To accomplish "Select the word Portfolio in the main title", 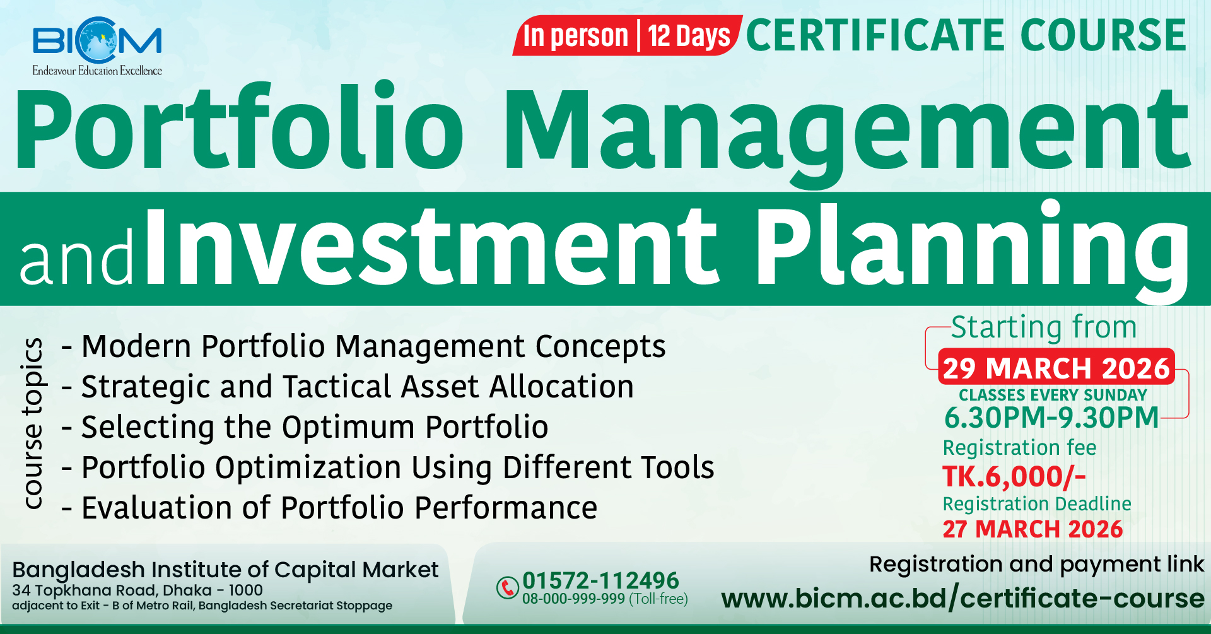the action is tap(240, 126).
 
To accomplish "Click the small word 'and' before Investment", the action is tap(76, 255).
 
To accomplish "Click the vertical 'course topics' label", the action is tap(32, 423).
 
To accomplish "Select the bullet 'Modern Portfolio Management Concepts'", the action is tap(363, 346).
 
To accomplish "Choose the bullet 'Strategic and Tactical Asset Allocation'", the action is tap(348, 387).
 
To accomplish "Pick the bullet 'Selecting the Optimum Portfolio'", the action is tap(305, 427).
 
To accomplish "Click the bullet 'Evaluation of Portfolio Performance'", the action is tap(329, 508).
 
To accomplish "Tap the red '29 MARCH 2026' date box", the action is tap(1056, 367).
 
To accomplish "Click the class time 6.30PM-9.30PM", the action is tap(1052, 418).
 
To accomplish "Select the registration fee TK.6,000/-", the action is tap(1014, 477).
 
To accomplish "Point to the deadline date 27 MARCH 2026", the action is tap(1033, 529).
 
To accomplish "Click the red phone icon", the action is tap(507, 587).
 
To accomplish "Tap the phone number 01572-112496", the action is tap(600, 580).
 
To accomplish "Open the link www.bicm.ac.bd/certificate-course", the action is tap(962, 598).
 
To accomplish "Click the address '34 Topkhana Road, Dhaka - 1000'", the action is tap(137, 590).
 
